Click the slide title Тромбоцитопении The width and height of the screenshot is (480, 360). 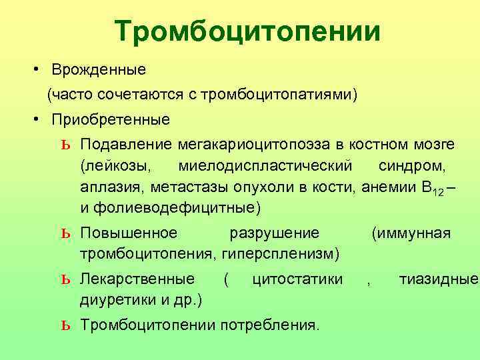pos(247,32)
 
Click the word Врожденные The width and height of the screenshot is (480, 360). pos(100,69)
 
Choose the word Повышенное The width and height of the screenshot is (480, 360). pos(129,233)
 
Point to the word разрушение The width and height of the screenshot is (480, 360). pos(274,233)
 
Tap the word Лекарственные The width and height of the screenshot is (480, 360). pos(137,278)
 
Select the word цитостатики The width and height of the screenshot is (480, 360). pos(298,278)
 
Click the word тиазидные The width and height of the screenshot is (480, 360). pos(439,278)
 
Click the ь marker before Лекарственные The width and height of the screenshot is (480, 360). pos(65,279)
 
